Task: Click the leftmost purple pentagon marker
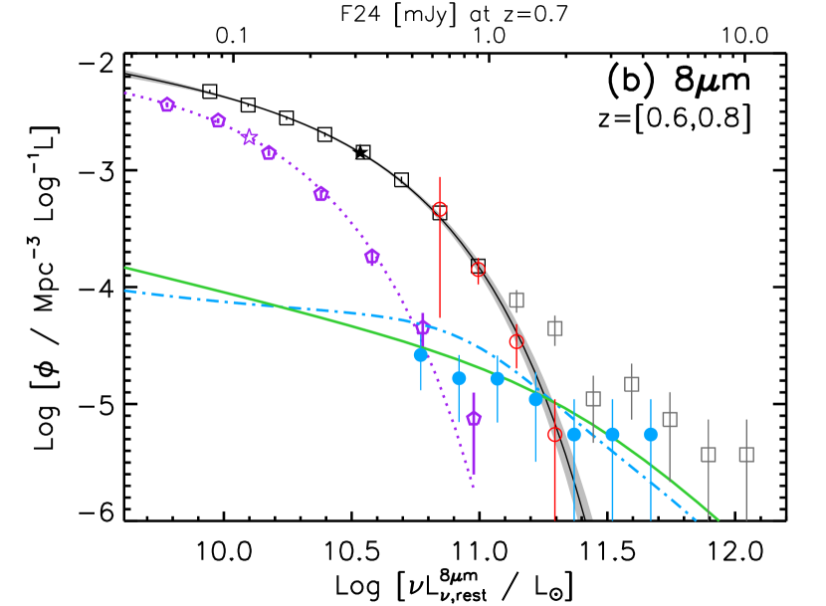coord(166,104)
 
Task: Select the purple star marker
coord(249,137)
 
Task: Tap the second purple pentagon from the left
coord(218,120)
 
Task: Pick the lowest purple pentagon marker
coord(474,418)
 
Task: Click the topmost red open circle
coord(440,209)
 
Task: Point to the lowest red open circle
coord(554,434)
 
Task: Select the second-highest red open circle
coord(478,269)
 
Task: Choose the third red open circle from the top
coord(516,341)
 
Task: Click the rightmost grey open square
coord(746,454)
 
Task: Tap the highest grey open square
coord(516,299)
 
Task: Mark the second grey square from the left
coord(555,327)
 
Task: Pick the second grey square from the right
coord(709,454)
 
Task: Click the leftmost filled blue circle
coord(421,354)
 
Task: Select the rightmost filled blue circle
coord(651,434)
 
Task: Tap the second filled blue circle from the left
coord(459,378)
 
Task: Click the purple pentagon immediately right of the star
coord(269,152)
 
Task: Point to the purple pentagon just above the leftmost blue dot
coord(422,327)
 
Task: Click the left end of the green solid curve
coord(126,268)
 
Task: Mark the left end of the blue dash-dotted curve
coord(126,291)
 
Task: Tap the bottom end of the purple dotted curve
coord(474,488)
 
